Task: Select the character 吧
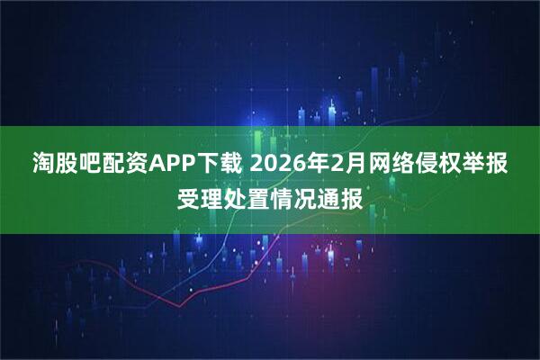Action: point(91,165)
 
